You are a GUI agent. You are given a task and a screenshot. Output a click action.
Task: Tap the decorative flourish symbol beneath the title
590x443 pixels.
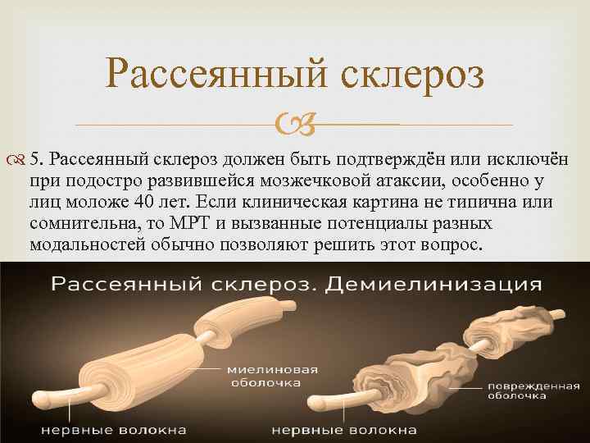pos(294,125)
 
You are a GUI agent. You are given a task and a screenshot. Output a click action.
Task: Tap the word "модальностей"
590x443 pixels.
pos(80,244)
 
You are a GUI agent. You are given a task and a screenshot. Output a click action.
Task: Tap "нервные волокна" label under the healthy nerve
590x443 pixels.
pos(115,429)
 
